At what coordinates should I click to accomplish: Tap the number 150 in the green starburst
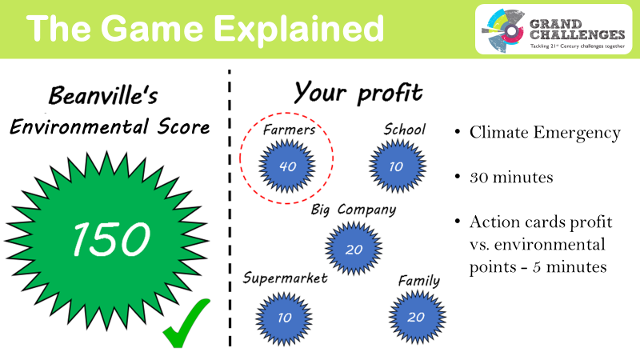click(111, 239)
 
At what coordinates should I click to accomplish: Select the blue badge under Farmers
click(287, 166)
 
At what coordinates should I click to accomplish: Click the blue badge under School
click(398, 166)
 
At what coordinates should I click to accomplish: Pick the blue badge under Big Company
click(354, 249)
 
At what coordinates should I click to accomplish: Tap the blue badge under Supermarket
click(284, 318)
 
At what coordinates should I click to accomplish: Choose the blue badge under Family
click(417, 317)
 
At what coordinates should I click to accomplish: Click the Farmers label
click(289, 130)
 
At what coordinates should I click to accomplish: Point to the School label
click(405, 130)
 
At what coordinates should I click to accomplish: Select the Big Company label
click(354, 210)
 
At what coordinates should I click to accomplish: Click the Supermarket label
click(285, 278)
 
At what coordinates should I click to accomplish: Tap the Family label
click(419, 281)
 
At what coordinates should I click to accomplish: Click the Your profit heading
click(358, 93)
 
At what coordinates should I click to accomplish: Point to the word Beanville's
click(103, 95)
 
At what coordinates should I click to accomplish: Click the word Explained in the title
click(298, 29)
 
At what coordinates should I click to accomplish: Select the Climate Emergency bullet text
click(545, 132)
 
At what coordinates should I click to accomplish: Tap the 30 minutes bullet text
click(511, 177)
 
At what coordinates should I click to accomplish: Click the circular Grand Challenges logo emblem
click(503, 30)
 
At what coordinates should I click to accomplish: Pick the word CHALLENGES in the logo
click(577, 34)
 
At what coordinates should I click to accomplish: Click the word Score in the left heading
click(184, 126)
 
